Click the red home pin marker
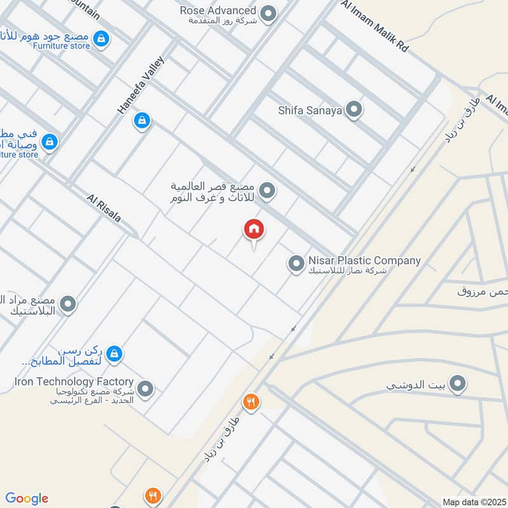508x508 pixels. tap(254, 229)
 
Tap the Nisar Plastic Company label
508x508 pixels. tap(364, 260)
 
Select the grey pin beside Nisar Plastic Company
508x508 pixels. tap(296, 263)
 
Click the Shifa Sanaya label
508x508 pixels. tap(310, 110)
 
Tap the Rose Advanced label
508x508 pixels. tap(218, 11)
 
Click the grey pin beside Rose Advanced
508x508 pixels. tap(269, 13)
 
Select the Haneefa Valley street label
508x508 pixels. tap(140, 85)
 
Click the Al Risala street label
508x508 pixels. tap(104, 208)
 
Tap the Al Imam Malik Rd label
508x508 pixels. tap(375, 26)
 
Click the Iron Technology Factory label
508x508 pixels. tap(74, 382)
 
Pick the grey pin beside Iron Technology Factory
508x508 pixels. tap(146, 389)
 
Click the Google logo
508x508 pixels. tap(27, 498)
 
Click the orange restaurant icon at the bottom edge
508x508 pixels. tap(153, 495)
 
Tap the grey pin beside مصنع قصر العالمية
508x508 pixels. tap(268, 189)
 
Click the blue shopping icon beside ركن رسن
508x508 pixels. tap(114, 353)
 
